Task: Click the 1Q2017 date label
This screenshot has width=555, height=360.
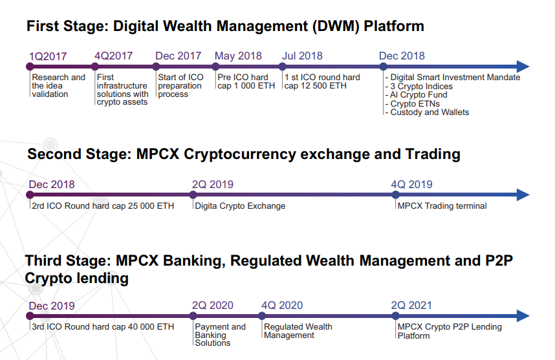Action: tap(48, 56)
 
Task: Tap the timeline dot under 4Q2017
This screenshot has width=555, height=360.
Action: tap(95, 67)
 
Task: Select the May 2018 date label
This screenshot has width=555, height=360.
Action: tap(238, 56)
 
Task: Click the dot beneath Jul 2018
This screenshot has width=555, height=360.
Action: tap(282, 67)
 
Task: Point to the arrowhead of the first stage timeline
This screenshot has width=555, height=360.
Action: tap(523, 67)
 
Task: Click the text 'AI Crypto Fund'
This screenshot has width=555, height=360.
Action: tap(419, 95)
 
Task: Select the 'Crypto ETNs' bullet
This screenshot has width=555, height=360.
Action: tap(415, 103)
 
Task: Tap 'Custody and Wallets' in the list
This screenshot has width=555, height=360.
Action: tap(430, 112)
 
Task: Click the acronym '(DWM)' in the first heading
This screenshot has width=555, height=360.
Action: tap(336, 26)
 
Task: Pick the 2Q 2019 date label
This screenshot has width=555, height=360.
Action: tap(213, 184)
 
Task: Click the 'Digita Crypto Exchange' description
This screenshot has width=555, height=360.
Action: tap(240, 206)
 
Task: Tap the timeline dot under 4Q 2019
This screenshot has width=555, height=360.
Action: tap(396, 195)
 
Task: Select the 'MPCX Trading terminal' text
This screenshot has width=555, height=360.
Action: tap(442, 206)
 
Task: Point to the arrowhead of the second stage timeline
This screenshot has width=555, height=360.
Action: tap(523, 195)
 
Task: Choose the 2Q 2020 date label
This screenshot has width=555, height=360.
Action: tap(213, 305)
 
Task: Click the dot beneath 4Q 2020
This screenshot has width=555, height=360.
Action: tap(262, 316)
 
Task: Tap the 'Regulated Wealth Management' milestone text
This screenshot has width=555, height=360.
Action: tap(298, 331)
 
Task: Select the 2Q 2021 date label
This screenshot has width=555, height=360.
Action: tap(411, 305)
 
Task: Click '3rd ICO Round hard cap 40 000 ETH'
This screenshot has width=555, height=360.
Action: tap(103, 327)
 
